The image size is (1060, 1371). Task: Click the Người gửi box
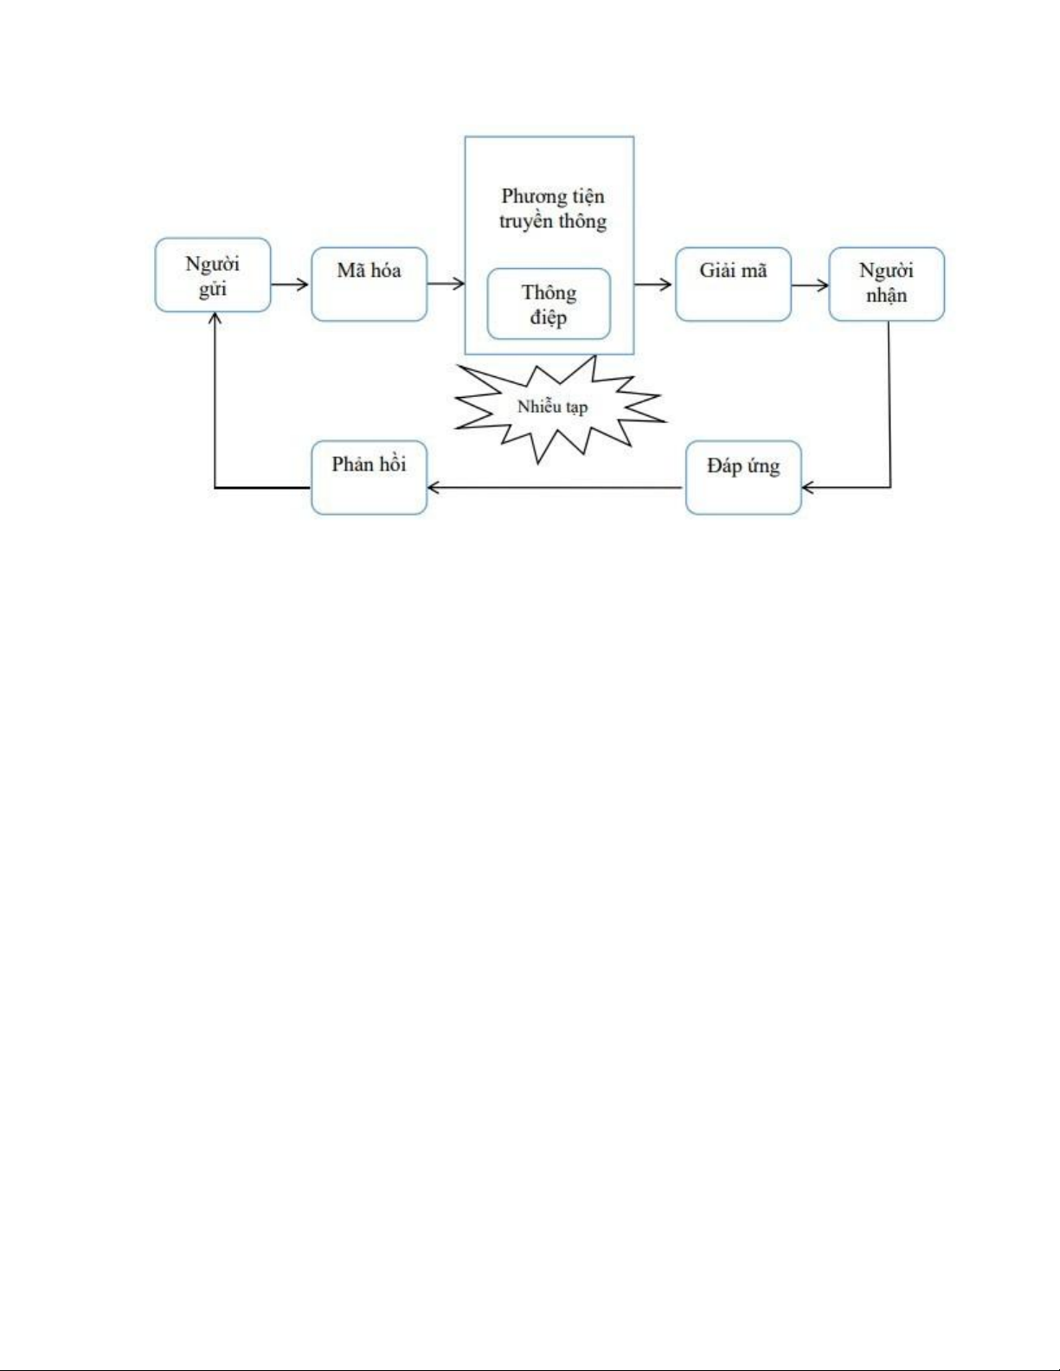point(213,275)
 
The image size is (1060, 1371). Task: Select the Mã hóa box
point(369,285)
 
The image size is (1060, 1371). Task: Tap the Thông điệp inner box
point(549,304)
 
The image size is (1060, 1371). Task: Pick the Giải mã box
point(733,285)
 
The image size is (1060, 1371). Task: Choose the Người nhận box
point(886,284)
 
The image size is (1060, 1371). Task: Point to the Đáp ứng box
point(743,477)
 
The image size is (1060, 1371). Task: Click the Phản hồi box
point(369,477)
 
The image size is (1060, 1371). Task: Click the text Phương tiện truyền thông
point(553,208)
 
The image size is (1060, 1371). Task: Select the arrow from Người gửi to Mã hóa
point(291,284)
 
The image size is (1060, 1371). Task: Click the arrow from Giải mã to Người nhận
point(810,285)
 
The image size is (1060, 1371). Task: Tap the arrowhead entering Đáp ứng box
point(808,488)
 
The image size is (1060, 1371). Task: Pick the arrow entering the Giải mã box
point(654,284)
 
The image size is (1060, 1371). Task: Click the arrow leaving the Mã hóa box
point(446,284)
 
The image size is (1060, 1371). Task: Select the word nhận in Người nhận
point(886,295)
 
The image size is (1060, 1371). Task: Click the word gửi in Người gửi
point(212,289)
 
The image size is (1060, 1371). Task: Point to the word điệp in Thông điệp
point(549,317)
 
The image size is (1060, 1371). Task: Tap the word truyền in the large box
point(525,221)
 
